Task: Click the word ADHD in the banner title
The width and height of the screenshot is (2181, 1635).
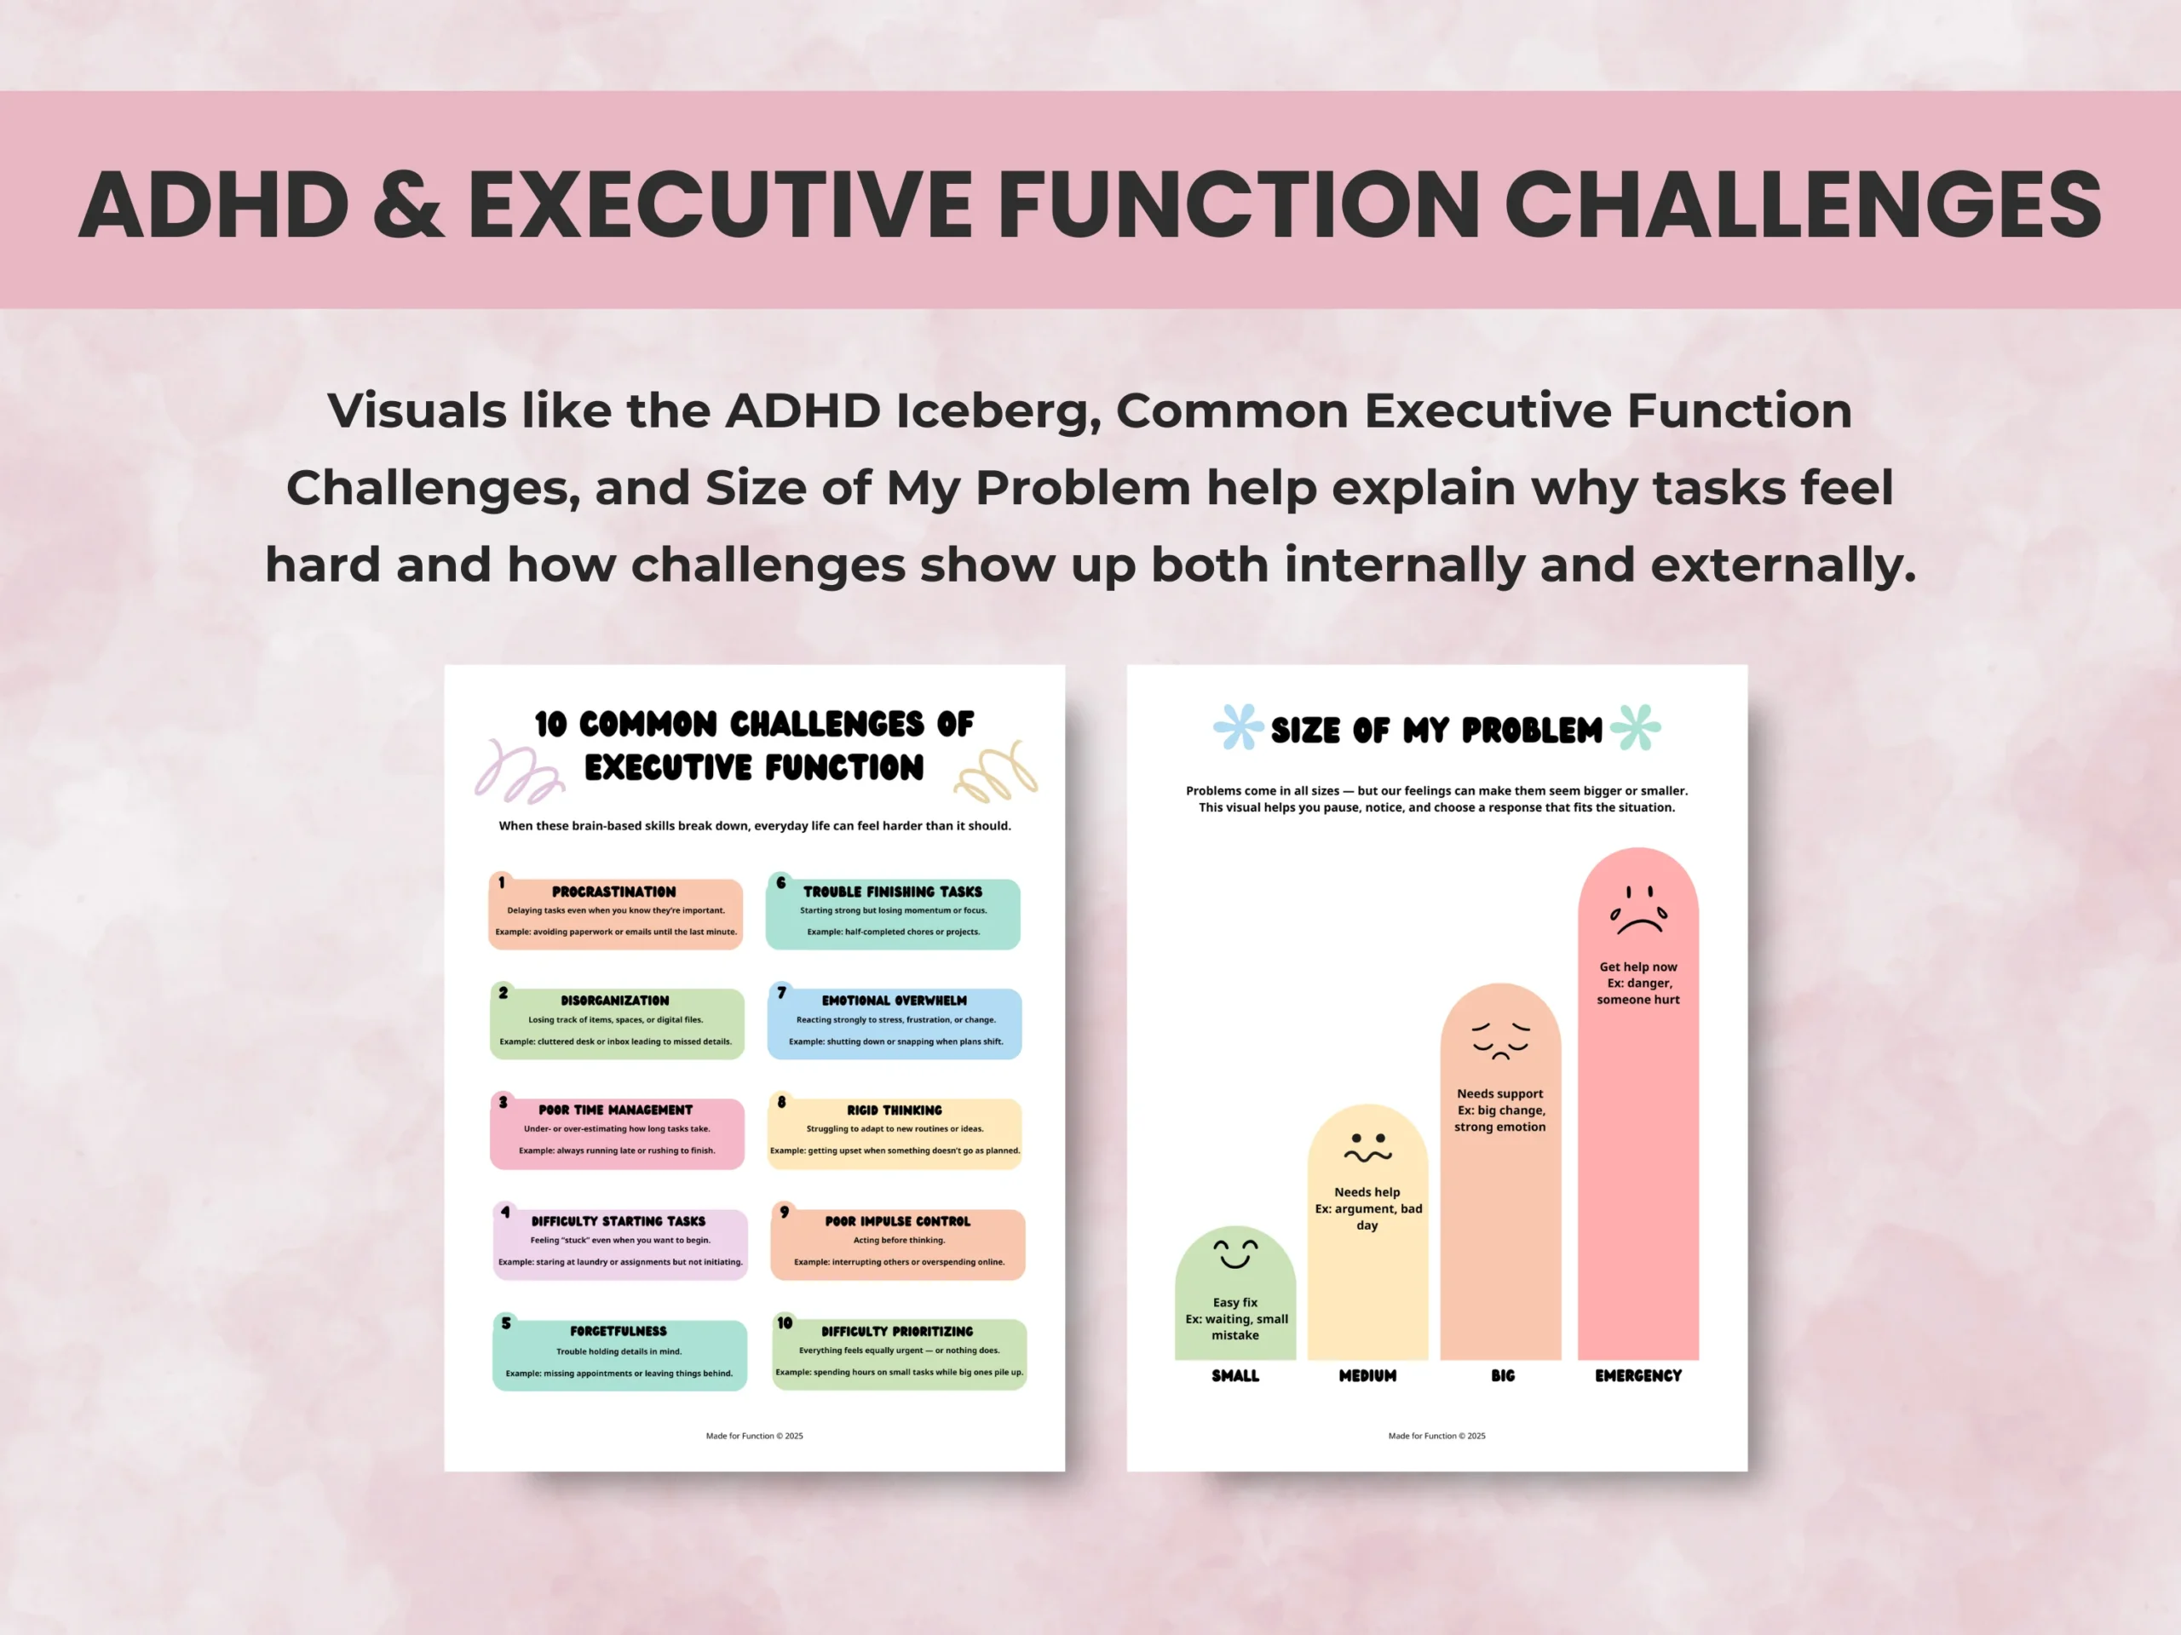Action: click(x=214, y=204)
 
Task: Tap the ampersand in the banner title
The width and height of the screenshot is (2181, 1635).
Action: click(x=408, y=204)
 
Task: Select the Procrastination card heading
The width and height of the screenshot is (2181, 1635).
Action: click(x=613, y=891)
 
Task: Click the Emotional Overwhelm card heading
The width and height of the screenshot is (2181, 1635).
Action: click(x=895, y=1001)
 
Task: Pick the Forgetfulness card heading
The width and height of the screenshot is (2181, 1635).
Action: click(x=619, y=1330)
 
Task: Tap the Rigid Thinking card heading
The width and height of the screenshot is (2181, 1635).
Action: click(x=895, y=1110)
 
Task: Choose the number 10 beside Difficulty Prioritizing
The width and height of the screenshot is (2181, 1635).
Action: click(x=785, y=1322)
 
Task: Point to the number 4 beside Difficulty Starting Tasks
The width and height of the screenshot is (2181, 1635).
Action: click(x=506, y=1213)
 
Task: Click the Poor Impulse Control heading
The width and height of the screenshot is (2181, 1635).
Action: click(x=897, y=1221)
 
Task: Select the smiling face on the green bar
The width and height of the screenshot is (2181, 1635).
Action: click(x=1234, y=1253)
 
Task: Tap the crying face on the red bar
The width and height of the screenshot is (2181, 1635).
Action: click(x=1638, y=909)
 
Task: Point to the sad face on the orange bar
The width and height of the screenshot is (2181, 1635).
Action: click(x=1499, y=1041)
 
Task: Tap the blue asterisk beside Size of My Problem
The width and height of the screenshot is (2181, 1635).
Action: click(x=1239, y=727)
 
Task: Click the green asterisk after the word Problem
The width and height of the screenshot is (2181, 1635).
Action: click(x=1636, y=727)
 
